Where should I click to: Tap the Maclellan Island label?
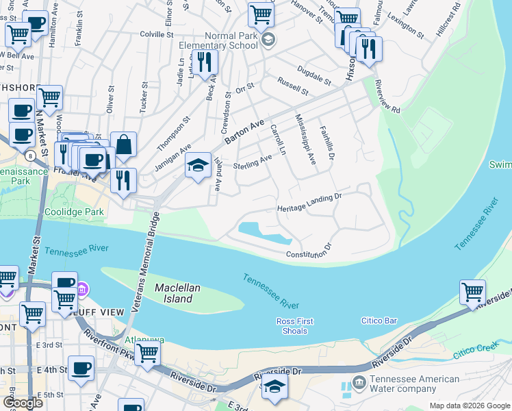click(177, 293)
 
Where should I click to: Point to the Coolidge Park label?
click(74, 212)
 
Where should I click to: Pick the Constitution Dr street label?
click(309, 252)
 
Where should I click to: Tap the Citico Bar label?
click(380, 321)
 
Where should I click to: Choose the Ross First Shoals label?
click(296, 326)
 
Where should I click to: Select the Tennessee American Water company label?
click(414, 384)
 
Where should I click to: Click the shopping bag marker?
click(123, 145)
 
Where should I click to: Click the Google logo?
click(22, 403)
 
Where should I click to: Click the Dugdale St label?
click(313, 74)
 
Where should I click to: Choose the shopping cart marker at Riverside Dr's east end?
click(472, 292)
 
